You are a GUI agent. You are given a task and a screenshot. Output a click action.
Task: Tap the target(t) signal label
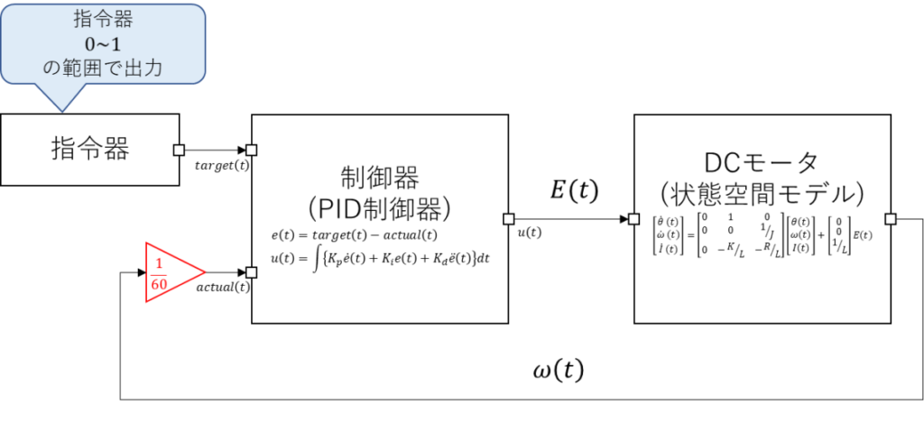coord(222,165)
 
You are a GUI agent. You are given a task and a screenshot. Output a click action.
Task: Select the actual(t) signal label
coord(222,288)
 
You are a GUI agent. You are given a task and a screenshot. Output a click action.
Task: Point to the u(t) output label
coord(529,233)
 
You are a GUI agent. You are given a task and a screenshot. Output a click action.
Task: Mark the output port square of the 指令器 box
coord(180,150)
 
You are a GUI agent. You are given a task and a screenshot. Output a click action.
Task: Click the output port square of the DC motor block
coord(891,219)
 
